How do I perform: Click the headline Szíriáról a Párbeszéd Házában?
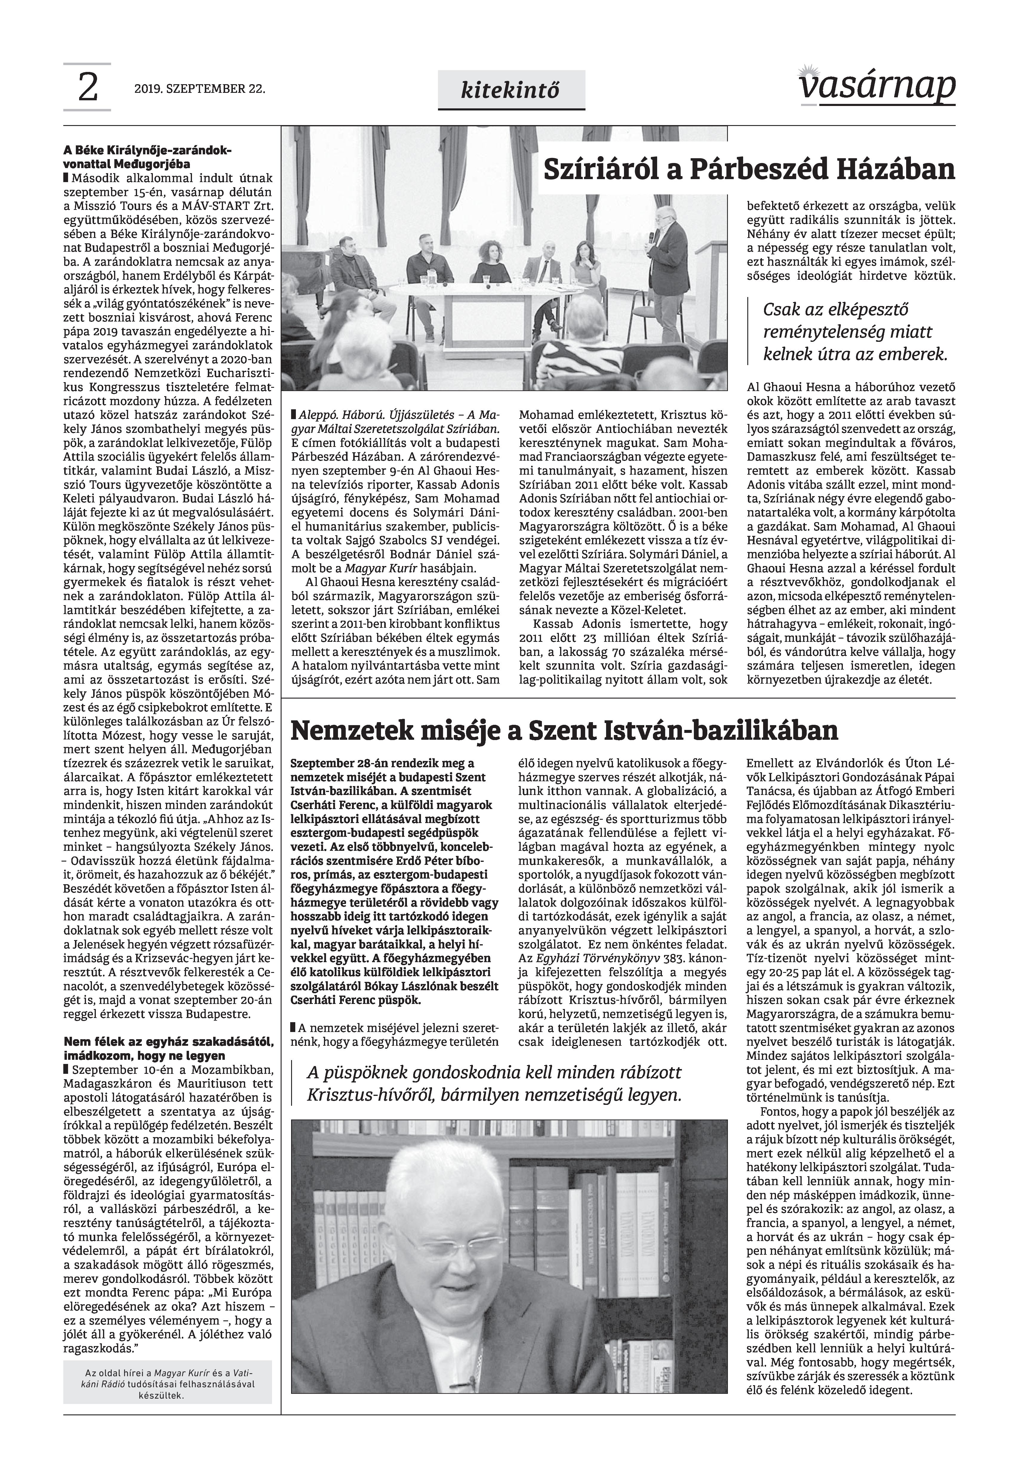[748, 170]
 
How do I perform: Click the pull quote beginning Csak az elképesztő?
[854, 332]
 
